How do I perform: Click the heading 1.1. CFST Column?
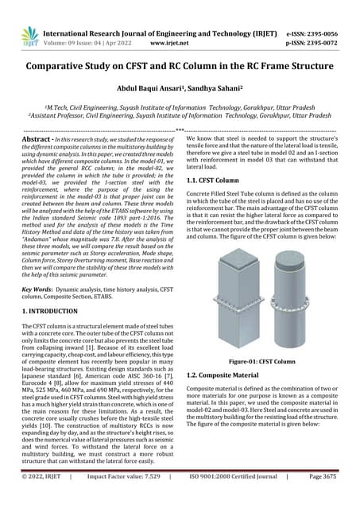tap(217, 181)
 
